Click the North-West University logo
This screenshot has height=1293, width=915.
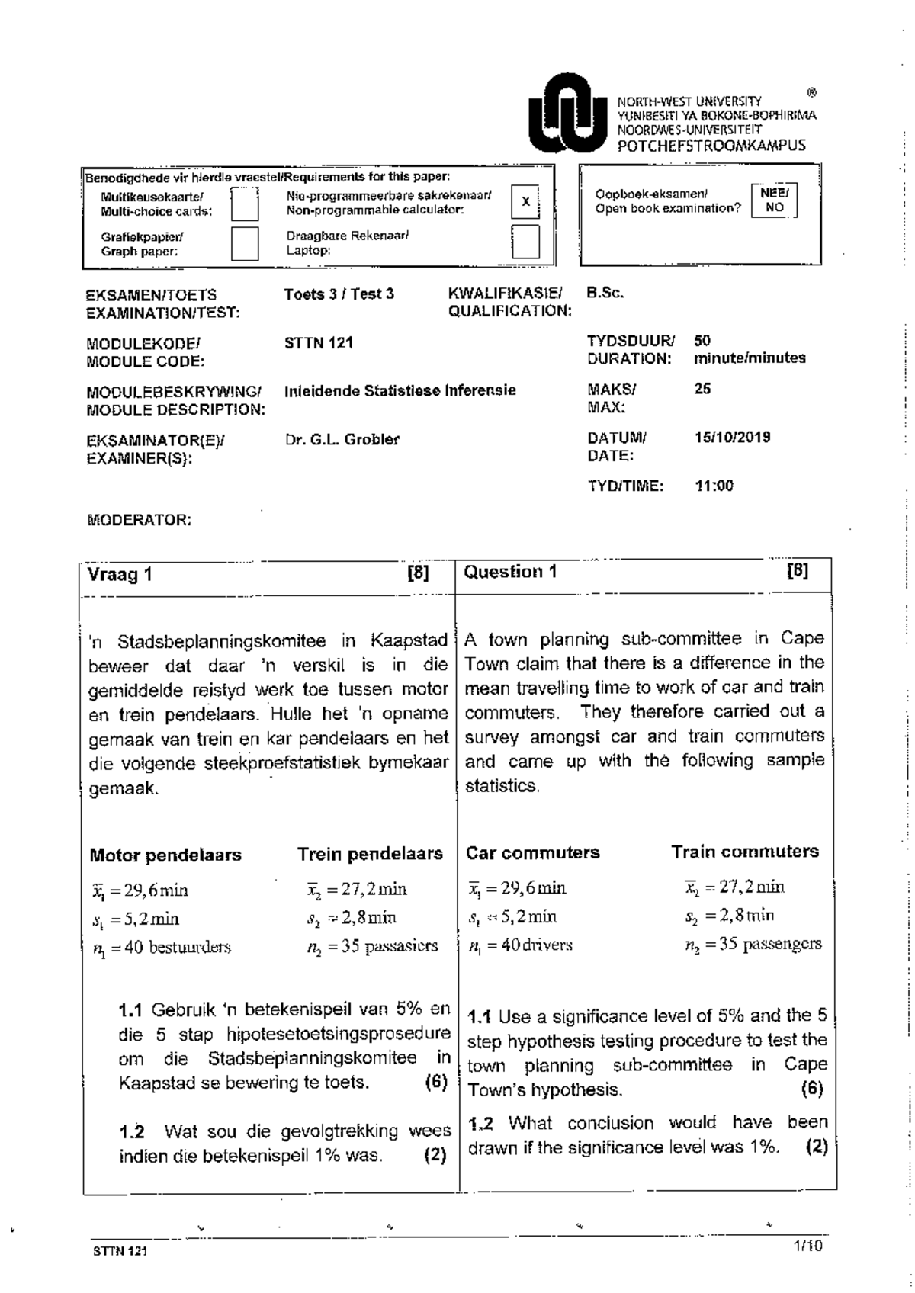click(x=566, y=115)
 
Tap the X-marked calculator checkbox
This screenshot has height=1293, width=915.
click(x=525, y=202)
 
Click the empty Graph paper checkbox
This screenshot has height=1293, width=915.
click(x=245, y=243)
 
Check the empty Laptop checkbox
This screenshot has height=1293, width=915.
click(x=525, y=242)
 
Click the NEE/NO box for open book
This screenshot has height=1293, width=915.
click(x=775, y=201)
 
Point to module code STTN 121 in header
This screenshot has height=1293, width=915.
click(x=318, y=343)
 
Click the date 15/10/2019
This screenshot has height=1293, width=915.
click(x=732, y=437)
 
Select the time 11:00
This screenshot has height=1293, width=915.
click(x=714, y=486)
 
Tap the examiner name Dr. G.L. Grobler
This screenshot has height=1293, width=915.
click(x=342, y=439)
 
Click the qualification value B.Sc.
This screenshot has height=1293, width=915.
click(x=605, y=293)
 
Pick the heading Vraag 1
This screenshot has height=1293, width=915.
click(x=120, y=575)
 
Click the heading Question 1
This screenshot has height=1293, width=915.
click(x=510, y=572)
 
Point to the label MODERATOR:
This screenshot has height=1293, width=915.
click(x=139, y=521)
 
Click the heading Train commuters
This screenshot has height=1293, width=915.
click(x=744, y=852)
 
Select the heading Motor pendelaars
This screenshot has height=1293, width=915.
click(x=165, y=855)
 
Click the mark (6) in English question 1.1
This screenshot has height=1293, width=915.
click(x=812, y=1089)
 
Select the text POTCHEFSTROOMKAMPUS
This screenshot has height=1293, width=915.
click(x=711, y=146)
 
